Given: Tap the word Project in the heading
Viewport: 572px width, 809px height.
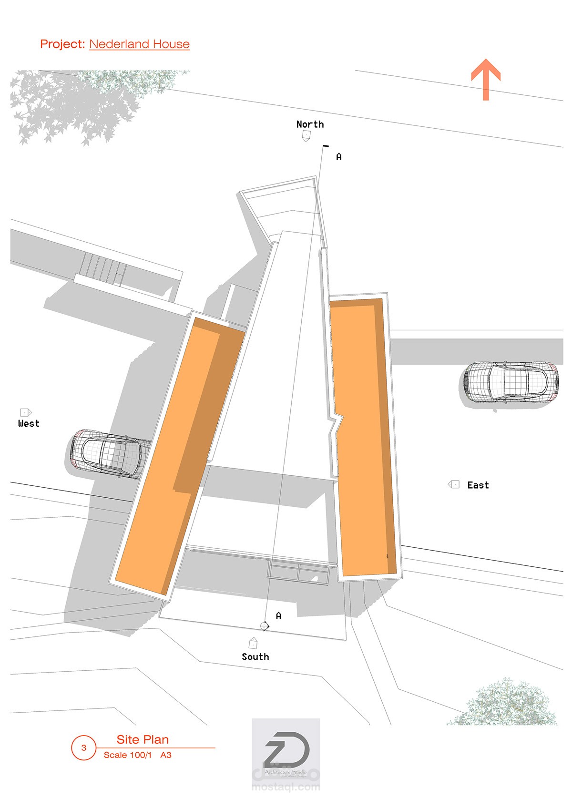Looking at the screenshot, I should [x=62, y=44].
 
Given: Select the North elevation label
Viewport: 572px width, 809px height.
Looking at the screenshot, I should [x=310, y=124].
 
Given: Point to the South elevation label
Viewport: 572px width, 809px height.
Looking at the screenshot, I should [x=255, y=657].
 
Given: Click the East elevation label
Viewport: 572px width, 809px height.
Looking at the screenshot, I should [x=478, y=485].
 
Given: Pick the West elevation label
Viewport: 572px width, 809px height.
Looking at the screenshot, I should [x=29, y=423].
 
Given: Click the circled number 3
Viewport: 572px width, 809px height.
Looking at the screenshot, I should [x=84, y=748].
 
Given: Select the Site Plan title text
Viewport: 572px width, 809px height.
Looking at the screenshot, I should [x=143, y=739].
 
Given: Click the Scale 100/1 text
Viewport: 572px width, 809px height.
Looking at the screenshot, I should [x=128, y=755].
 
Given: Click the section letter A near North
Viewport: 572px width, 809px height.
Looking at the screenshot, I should [x=339, y=157].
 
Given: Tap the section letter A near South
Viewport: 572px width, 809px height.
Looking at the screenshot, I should [x=279, y=616].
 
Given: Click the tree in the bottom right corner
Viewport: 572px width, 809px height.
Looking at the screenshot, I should [x=505, y=703].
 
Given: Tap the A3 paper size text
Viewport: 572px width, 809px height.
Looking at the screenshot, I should [x=166, y=755].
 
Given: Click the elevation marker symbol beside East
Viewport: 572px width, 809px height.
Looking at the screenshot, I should [x=453, y=485].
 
